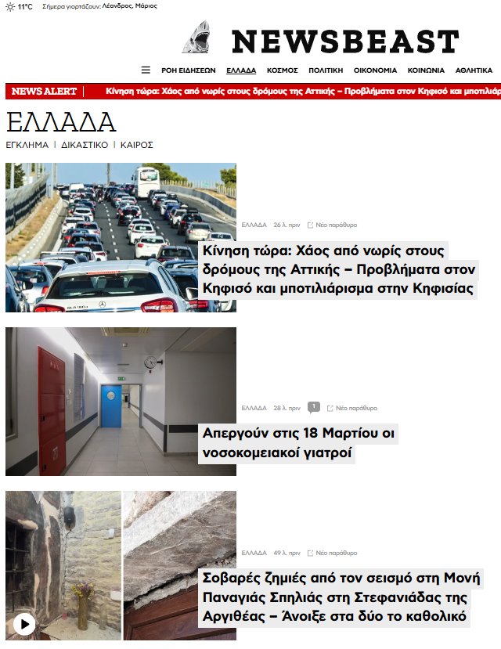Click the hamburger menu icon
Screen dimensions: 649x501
[146, 70]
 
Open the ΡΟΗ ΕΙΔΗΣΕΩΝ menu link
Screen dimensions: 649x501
[189, 70]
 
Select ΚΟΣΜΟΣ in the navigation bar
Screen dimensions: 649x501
[282, 70]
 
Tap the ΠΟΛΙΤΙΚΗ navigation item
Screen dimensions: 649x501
[326, 70]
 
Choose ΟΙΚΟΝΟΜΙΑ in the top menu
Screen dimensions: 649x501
[375, 70]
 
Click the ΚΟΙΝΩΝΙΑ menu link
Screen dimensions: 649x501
[426, 70]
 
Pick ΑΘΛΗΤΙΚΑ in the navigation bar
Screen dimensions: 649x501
[474, 70]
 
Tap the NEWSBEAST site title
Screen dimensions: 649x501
[344, 41]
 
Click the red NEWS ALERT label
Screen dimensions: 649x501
[44, 92]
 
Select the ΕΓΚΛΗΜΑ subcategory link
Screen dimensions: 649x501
[27, 145]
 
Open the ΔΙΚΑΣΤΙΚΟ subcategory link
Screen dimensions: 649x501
[85, 145]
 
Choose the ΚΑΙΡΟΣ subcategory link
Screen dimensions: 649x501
[136, 145]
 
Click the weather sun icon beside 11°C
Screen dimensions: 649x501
[10, 6]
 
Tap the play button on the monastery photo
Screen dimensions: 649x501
[24, 624]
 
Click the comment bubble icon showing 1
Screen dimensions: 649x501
[313, 407]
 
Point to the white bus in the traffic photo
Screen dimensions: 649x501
[145, 182]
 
